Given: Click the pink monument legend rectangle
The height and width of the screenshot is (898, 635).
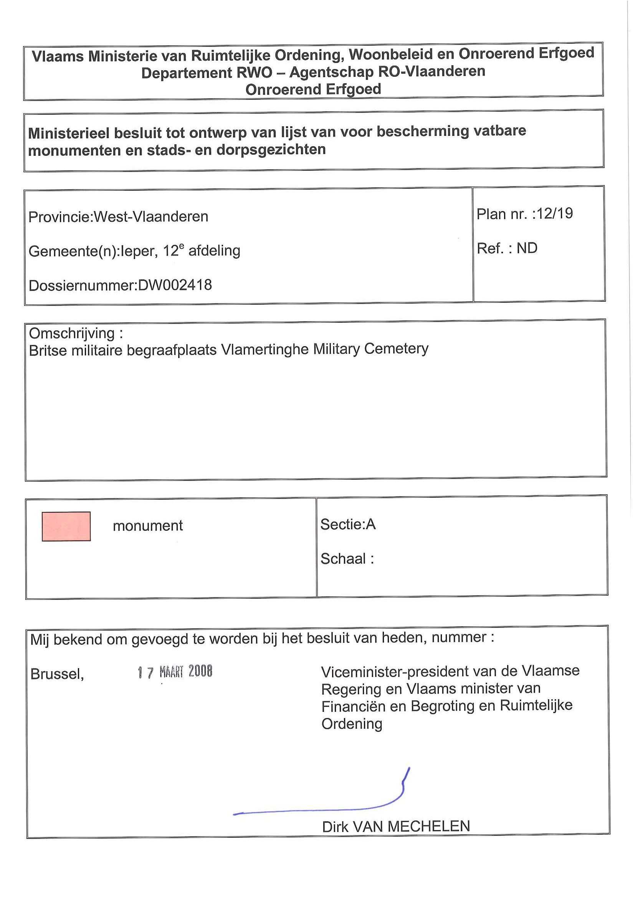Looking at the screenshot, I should click(66, 526).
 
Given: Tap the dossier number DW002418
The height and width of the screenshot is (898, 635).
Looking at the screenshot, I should click(175, 285).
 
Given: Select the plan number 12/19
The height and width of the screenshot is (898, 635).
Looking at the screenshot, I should click(554, 213).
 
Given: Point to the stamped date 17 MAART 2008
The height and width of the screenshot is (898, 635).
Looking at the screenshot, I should click(175, 672).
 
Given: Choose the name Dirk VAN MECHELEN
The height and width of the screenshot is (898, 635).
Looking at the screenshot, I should click(395, 826).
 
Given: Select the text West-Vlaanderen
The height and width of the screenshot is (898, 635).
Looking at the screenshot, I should click(151, 216).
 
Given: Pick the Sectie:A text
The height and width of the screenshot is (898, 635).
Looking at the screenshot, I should click(347, 524).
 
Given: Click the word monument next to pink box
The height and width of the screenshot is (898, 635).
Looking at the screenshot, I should click(147, 526).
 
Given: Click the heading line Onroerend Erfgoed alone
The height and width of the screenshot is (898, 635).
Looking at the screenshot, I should click(313, 89).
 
